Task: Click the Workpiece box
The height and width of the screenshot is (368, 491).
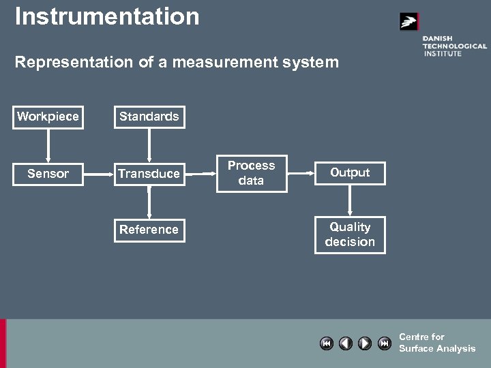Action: [48, 117]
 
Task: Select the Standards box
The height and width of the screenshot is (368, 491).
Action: [149, 117]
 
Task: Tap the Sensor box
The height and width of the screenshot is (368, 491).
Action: [48, 174]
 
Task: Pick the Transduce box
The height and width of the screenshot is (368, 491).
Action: [149, 174]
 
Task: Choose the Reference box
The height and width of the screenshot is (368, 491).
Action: [149, 230]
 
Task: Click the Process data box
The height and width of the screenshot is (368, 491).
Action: [252, 173]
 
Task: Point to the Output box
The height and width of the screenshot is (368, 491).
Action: [350, 173]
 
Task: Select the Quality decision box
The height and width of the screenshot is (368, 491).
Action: [350, 234]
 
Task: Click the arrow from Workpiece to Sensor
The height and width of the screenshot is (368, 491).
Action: [48, 145]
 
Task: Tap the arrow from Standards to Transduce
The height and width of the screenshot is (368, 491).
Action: [149, 145]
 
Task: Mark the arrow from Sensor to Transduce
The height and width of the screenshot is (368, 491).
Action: [98, 174]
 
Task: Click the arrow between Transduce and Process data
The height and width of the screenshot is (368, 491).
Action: [200, 174]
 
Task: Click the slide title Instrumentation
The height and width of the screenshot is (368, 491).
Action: [107, 16]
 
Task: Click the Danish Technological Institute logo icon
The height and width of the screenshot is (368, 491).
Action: [408, 22]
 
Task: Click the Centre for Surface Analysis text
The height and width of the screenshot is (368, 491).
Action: [436, 343]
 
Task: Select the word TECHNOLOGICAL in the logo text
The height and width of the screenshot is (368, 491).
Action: [454, 46]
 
